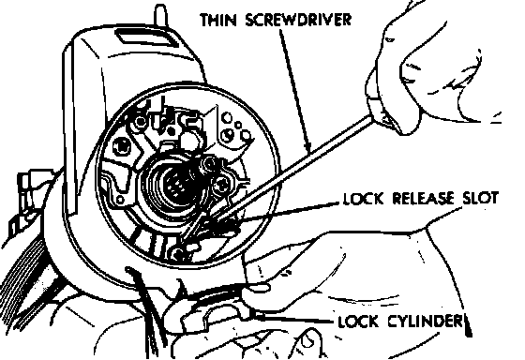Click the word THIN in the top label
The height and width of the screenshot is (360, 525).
click(x=218, y=20)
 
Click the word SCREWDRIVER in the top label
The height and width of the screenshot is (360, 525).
click(x=298, y=20)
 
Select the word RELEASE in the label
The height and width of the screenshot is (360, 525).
click(x=423, y=198)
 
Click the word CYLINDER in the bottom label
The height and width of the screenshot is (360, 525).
click(x=426, y=322)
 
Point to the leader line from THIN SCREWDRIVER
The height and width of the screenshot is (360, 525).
click(x=295, y=90)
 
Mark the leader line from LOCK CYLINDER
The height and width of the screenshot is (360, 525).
click(x=294, y=318)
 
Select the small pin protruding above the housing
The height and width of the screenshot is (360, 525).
click(x=160, y=15)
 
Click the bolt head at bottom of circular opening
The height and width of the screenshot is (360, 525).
click(x=178, y=253)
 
